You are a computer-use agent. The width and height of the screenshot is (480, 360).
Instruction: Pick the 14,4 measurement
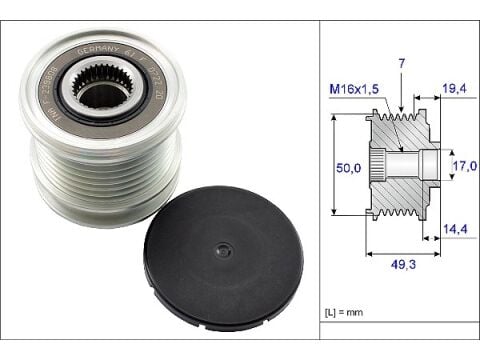pyautogui.click(x=454, y=230)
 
